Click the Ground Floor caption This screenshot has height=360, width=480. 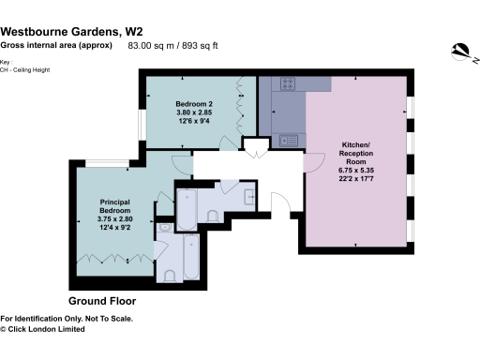pos(102,302)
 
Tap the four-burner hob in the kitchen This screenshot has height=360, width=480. pos(288,83)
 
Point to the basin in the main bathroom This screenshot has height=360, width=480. pos(249,198)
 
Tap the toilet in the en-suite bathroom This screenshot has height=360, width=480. pos(170,275)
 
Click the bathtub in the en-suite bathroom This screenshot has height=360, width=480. pos(191,255)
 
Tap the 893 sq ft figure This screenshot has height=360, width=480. pos(199,45)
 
